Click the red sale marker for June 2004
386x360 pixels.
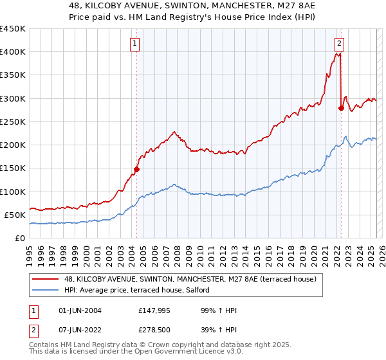click(136, 169)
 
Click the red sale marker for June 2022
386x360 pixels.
click(341, 108)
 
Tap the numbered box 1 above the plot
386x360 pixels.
click(136, 44)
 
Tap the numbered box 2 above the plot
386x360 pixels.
click(339, 44)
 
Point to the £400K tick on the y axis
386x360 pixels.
click(13, 52)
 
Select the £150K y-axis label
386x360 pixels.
click(13, 168)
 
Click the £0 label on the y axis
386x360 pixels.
click(20, 238)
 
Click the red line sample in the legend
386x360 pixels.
click(46, 280)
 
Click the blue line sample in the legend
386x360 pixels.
click(46, 291)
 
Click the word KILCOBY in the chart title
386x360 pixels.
click(116, 5)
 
